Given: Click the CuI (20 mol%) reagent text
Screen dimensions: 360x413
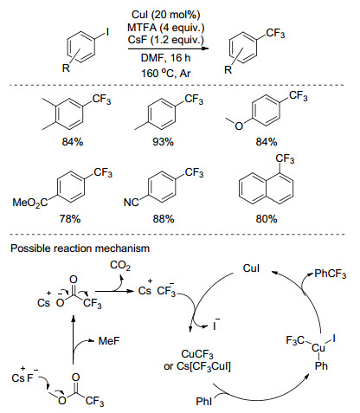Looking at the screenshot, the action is click(165, 15).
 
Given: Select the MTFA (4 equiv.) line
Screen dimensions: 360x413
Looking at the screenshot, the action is click(165, 28).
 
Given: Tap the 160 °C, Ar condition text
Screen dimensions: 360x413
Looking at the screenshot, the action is click(165, 74).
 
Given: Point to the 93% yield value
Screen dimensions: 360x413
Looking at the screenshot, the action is click(163, 142).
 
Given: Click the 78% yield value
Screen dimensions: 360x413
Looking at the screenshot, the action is click(70, 219).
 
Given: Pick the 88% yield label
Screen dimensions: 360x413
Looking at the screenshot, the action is click(164, 219).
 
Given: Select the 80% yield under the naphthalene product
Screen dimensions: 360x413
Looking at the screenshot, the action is click(267, 219).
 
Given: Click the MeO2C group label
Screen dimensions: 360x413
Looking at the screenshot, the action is click(30, 203).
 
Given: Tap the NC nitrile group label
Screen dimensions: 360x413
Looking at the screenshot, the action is click(131, 203).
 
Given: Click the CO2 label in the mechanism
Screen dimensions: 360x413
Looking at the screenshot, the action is click(120, 266).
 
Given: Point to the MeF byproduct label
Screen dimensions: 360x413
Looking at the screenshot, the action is click(109, 341).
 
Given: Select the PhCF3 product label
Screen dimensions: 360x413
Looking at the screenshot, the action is click(330, 274).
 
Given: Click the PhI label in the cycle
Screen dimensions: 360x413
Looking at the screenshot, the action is click(203, 402).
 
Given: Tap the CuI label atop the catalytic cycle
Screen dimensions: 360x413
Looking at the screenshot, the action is click(251, 268).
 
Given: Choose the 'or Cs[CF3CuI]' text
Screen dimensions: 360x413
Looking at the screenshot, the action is click(197, 366).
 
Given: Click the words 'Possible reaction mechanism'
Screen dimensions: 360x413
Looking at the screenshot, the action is click(80, 248).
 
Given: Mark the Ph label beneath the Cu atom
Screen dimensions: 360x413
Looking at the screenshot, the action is click(321, 366).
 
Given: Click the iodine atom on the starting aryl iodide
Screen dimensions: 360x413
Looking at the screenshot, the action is click(107, 32).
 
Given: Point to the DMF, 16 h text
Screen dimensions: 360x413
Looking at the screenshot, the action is click(165, 58).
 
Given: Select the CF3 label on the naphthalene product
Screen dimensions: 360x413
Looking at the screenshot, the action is click(285, 159).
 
